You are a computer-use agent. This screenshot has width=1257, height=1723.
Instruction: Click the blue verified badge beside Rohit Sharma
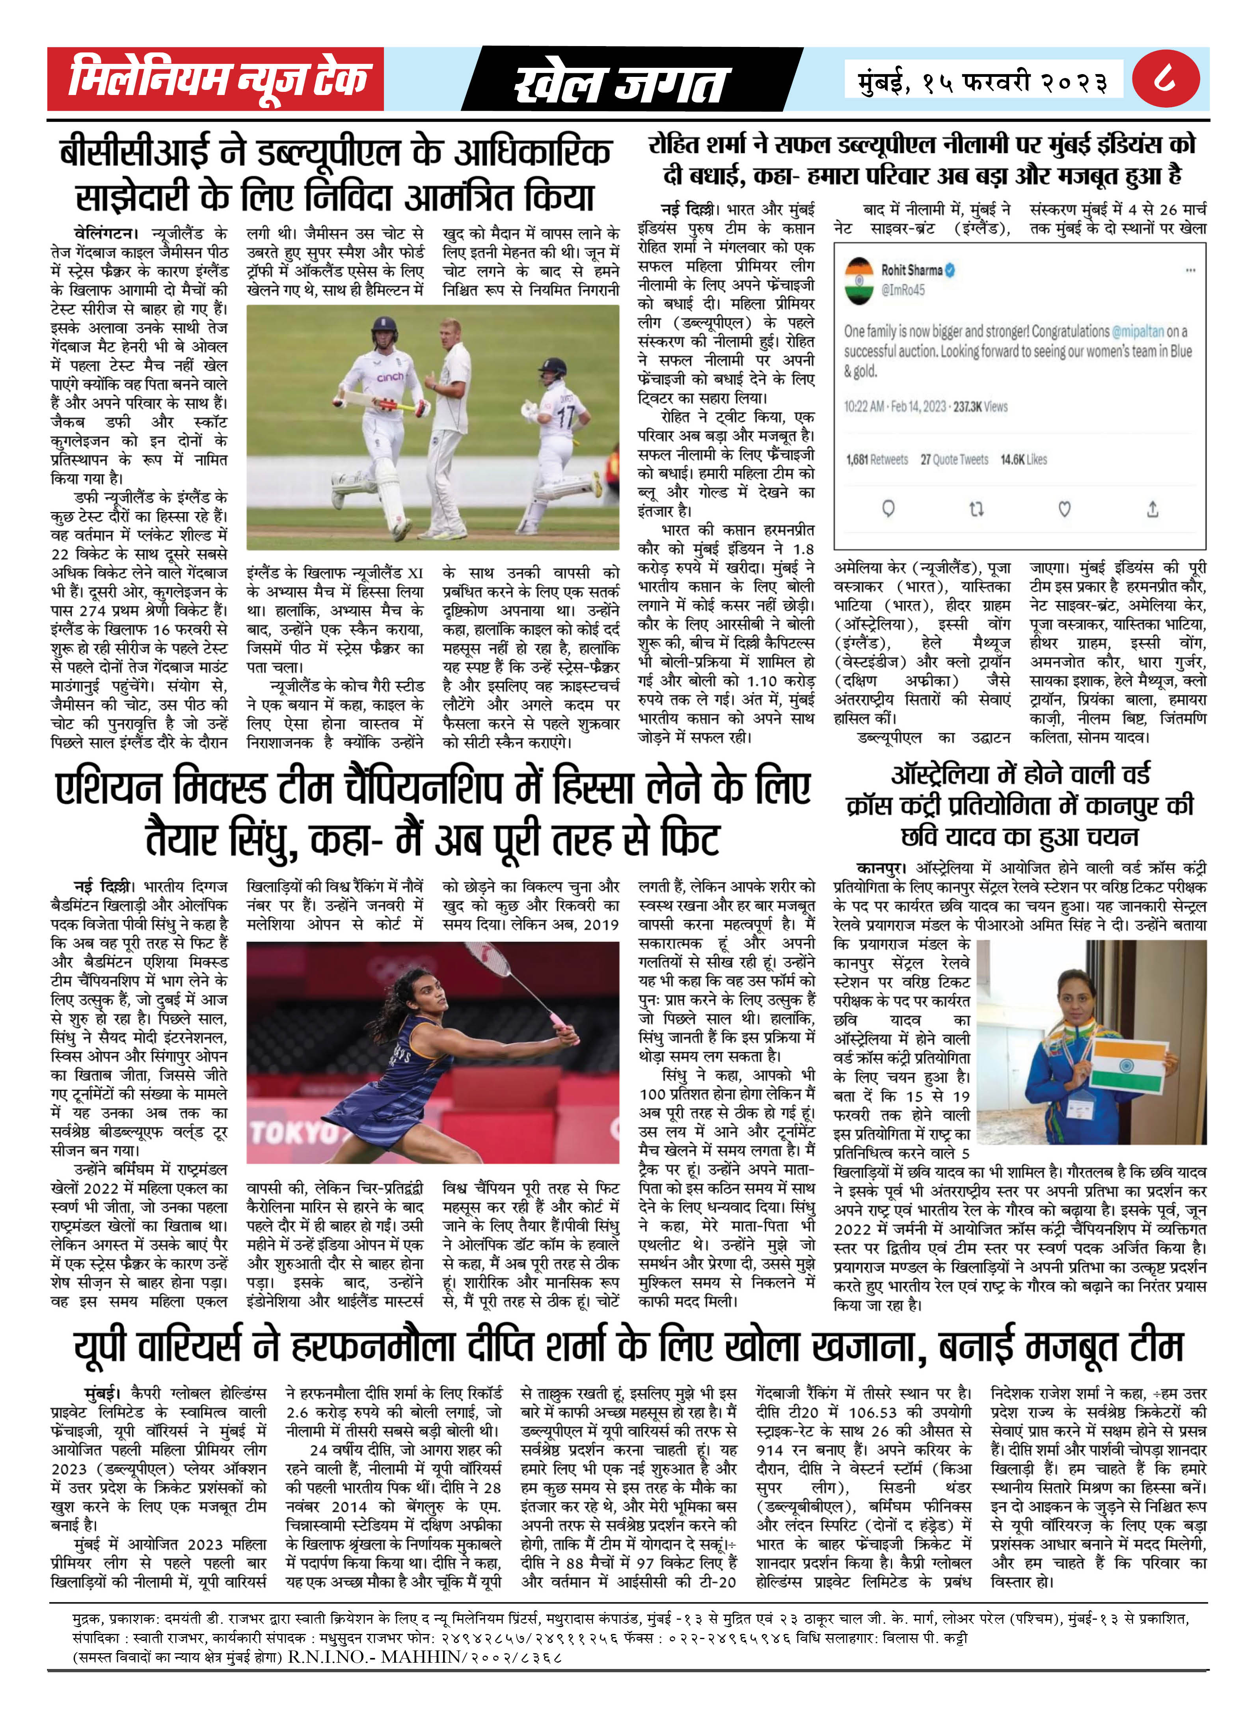coord(950,269)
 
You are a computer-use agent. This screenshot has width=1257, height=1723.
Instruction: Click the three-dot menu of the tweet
coord(1190,270)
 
